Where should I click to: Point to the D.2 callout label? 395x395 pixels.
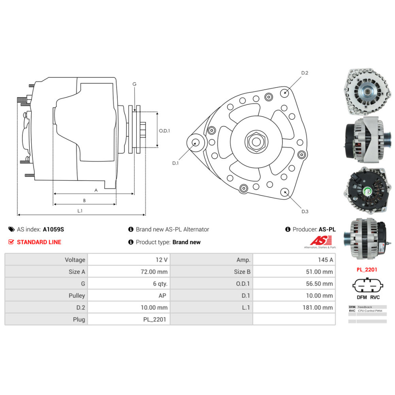[305, 73]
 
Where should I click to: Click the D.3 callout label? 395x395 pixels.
[305, 212]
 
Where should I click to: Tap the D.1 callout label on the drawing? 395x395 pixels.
[175, 163]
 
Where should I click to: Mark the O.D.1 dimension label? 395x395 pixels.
[164, 131]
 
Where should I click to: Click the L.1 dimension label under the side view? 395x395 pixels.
[80, 211]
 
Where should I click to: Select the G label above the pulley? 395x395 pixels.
[134, 84]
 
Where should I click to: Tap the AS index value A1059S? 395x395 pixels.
[53, 229]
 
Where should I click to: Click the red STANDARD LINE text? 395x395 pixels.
[39, 242]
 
